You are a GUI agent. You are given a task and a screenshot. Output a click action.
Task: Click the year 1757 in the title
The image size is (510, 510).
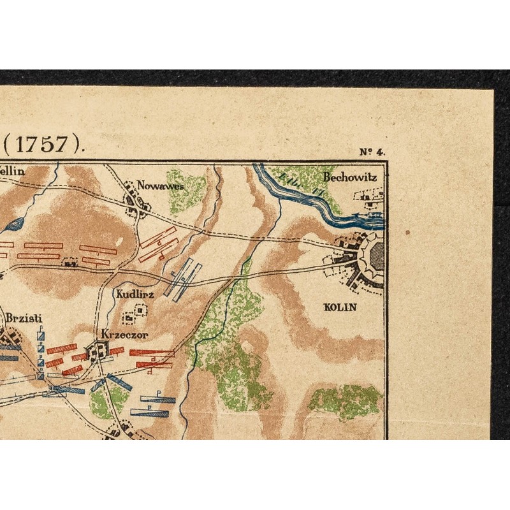(x=43, y=145)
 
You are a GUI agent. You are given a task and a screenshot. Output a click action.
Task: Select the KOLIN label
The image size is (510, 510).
(x=340, y=307)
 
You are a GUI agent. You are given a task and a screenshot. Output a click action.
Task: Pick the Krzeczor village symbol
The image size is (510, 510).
(x=100, y=350)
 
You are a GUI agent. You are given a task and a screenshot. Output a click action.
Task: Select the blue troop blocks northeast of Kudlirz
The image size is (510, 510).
(x=183, y=279)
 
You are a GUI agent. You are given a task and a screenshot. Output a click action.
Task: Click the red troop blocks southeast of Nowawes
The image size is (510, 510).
(x=157, y=244)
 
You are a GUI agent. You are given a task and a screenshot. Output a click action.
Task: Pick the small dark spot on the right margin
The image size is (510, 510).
(x=408, y=233)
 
